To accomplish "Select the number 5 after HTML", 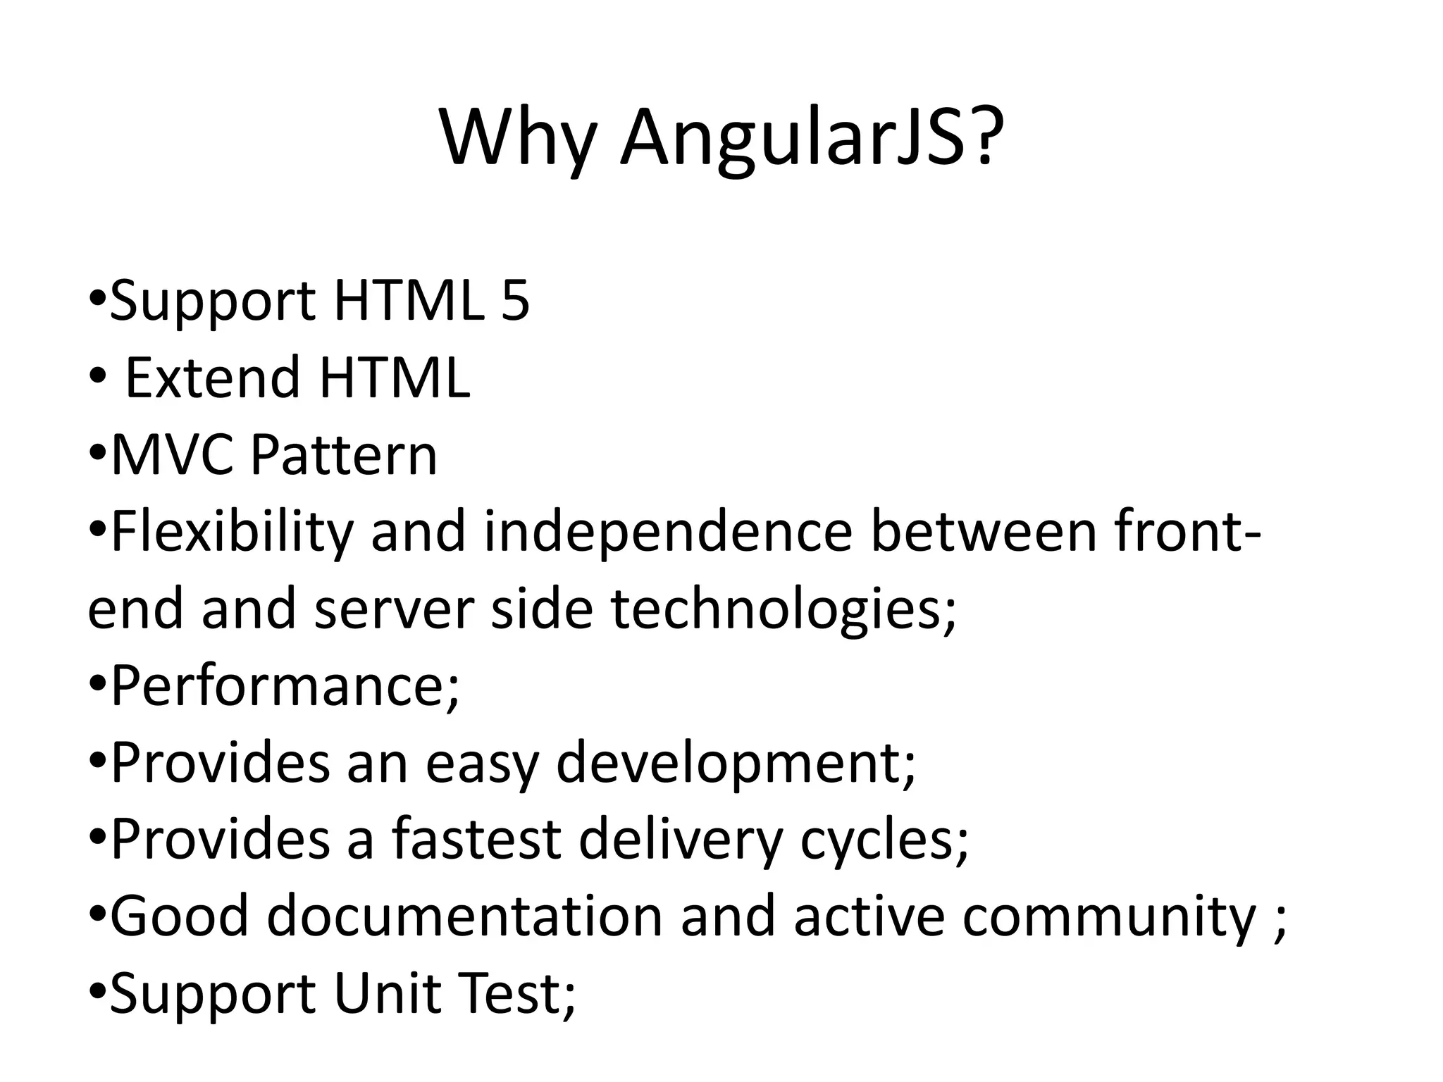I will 515,301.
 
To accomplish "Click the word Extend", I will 212,378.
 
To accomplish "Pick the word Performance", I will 279,688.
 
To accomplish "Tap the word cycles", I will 877,841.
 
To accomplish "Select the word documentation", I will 465,917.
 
